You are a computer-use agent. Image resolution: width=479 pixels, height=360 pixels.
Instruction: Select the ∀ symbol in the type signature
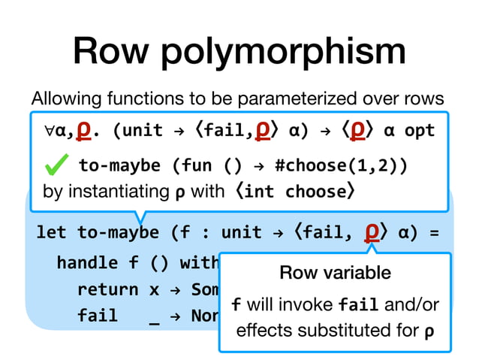(49, 130)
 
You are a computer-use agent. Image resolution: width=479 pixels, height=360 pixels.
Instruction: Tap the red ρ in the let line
(370, 229)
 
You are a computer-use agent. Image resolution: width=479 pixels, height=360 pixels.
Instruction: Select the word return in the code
(107, 289)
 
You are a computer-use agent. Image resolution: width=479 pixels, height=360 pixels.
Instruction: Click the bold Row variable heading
(335, 272)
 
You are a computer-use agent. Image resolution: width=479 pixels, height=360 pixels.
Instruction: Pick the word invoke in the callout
(309, 305)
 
